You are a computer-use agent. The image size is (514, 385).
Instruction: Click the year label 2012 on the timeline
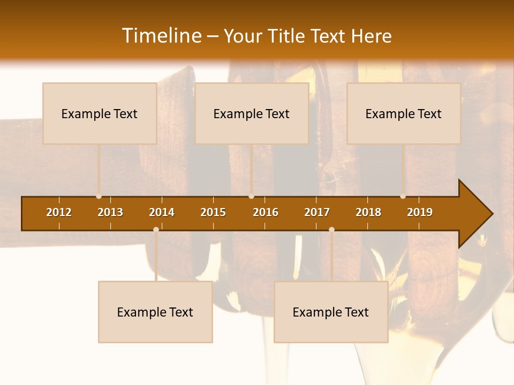click(59, 212)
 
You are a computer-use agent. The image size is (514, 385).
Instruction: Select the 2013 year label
click(110, 212)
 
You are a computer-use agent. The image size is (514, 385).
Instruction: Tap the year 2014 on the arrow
click(162, 212)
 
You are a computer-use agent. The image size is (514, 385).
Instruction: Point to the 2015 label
click(213, 212)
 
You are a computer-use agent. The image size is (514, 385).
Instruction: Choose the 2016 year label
click(266, 212)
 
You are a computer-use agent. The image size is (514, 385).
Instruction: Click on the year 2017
click(317, 212)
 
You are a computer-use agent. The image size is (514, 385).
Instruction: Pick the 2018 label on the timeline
click(368, 212)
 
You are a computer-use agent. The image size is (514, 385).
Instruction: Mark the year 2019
click(420, 212)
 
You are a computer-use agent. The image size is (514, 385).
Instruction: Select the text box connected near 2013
click(100, 113)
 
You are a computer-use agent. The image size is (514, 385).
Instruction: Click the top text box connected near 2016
click(252, 113)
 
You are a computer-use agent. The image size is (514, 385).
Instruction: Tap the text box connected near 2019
click(404, 113)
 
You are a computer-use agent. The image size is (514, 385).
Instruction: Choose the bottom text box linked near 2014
click(155, 312)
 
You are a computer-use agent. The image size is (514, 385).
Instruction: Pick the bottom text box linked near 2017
click(331, 312)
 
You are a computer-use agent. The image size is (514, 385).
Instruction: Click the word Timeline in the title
click(161, 36)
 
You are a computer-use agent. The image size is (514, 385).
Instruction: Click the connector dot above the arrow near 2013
click(99, 196)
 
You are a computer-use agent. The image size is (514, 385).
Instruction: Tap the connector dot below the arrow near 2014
click(156, 229)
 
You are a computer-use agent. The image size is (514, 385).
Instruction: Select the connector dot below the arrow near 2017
click(331, 229)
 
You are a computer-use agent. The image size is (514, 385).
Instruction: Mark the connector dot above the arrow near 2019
click(403, 196)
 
